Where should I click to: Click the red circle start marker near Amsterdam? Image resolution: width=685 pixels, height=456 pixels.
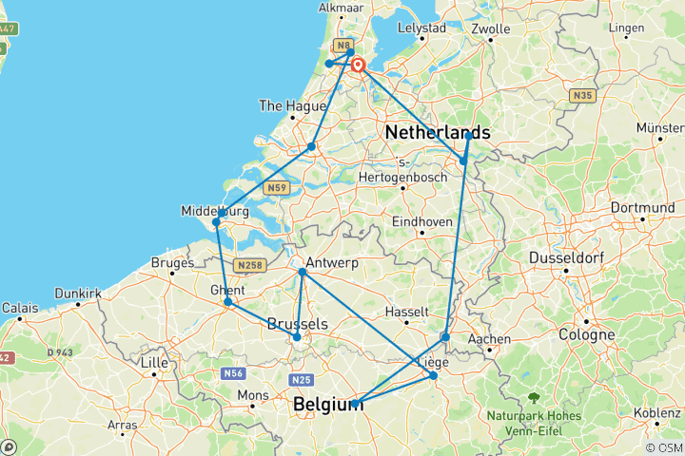tap(360, 66)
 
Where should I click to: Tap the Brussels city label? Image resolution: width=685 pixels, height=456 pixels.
tap(298, 324)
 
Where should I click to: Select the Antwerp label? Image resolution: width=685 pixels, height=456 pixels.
tap(330, 263)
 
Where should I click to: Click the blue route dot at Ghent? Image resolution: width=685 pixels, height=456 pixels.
tap(228, 302)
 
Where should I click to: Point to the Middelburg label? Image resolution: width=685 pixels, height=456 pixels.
tap(215, 210)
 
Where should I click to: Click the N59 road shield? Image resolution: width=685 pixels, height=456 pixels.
tap(278, 188)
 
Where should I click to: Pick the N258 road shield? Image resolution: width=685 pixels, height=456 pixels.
tap(249, 265)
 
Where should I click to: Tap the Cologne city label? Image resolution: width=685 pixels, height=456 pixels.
tap(587, 334)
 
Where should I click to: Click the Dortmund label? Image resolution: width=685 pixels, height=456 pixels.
tap(643, 207)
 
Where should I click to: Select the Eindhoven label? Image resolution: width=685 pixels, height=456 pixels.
tap(421, 221)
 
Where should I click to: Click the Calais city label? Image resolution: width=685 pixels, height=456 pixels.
tap(20, 308)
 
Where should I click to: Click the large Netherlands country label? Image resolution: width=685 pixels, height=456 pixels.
tap(438, 133)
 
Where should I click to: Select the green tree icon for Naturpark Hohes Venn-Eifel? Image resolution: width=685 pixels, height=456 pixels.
tap(532, 400)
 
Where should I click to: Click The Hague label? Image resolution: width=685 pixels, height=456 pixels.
tap(284, 105)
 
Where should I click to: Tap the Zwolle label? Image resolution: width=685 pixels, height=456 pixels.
tap(491, 28)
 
